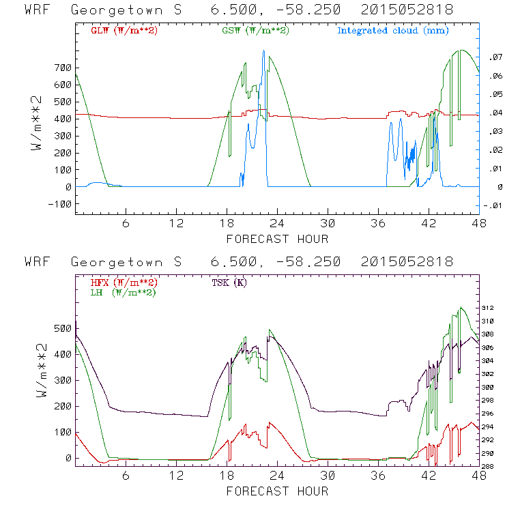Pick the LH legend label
tap(122, 292)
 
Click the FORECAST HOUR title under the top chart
tap(277, 239)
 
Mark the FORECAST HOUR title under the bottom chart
tap(277, 491)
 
